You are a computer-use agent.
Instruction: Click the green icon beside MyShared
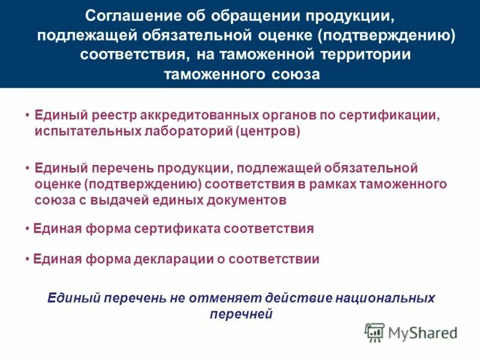click(374, 332)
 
